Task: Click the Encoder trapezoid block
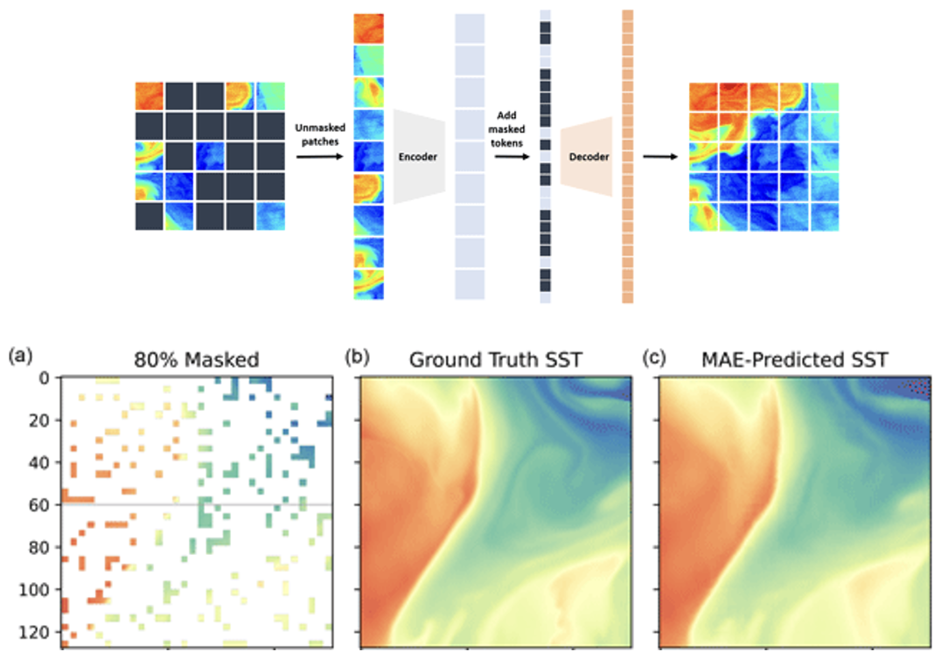point(420,157)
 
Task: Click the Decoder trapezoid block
point(587,157)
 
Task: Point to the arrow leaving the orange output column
point(660,157)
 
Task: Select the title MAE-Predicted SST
point(794,359)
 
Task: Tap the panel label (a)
point(19,356)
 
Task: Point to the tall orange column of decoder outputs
point(627,157)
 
